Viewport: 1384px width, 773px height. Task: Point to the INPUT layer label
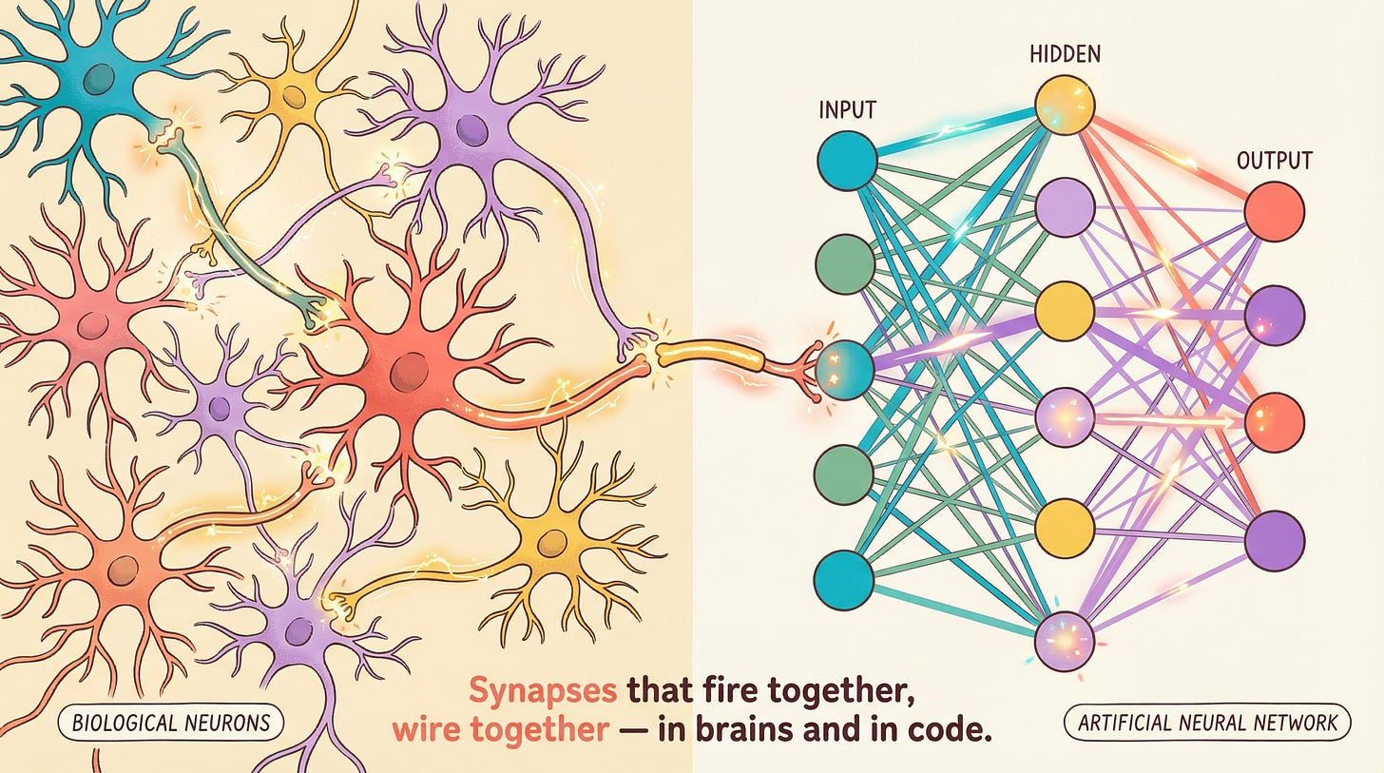point(847,111)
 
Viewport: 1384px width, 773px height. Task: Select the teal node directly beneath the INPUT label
point(847,160)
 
